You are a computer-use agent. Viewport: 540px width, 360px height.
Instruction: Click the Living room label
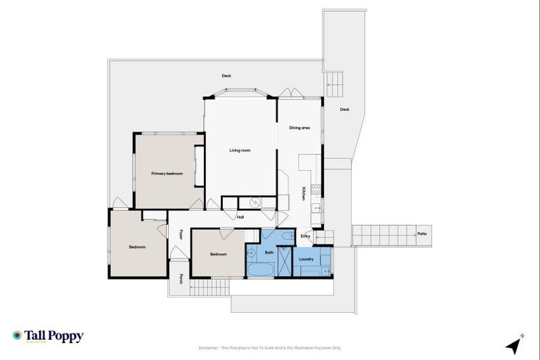[x=240, y=150]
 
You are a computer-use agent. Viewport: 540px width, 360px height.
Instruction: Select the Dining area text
[x=300, y=127]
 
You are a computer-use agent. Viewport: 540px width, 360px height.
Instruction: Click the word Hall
[x=240, y=217]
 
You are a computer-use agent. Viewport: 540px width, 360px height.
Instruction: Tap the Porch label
[x=181, y=279]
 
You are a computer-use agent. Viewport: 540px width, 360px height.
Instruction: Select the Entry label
[x=305, y=236]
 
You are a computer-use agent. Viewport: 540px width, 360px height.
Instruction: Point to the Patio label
[x=421, y=233]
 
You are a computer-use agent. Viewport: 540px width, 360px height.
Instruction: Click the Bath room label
[x=269, y=252]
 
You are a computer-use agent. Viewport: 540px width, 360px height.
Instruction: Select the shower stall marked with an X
[x=281, y=266]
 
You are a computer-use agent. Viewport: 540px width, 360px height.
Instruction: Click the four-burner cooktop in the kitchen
[x=316, y=189]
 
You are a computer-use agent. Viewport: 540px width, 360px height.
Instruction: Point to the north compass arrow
[x=514, y=345]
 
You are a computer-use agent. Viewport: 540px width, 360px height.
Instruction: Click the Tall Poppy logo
[x=48, y=336]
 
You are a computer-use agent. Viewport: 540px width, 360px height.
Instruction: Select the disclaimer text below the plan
[x=269, y=347]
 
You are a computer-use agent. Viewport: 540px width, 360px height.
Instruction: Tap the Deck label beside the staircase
[x=345, y=109]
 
